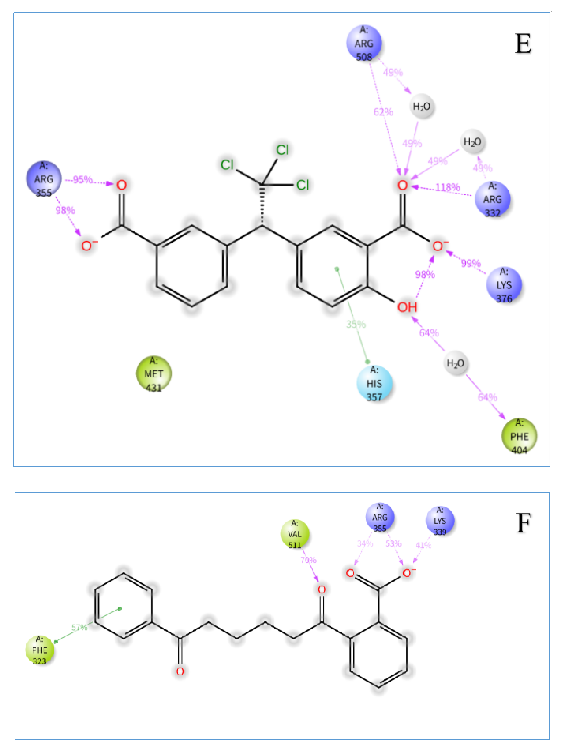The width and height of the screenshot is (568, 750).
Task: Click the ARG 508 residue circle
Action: (364, 43)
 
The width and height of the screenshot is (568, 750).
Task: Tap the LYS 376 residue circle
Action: (504, 285)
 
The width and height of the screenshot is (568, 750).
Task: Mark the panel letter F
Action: (523, 523)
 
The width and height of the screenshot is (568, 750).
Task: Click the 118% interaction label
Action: (448, 187)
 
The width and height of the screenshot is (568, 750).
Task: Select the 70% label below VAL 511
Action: (308, 560)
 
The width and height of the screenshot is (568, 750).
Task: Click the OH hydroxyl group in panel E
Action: (407, 307)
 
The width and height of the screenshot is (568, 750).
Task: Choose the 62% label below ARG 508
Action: (383, 112)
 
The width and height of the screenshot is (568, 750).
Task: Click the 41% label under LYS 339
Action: (423, 545)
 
